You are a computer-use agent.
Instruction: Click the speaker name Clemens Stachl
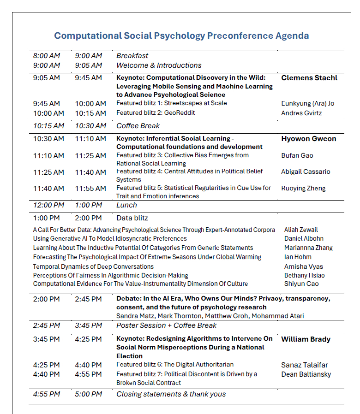(x=309, y=77)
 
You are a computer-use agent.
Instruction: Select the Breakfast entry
(x=132, y=56)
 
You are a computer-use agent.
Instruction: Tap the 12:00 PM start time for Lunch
(x=48, y=205)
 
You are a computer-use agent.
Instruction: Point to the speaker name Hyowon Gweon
(x=308, y=138)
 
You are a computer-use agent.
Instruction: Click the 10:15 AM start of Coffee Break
(x=48, y=125)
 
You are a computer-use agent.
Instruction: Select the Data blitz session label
(x=132, y=218)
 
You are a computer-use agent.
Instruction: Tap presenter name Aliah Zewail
(x=301, y=230)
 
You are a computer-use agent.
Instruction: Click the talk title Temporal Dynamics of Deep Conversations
(x=93, y=266)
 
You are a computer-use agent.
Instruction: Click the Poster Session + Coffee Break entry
(x=166, y=325)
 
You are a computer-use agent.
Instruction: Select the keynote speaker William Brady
(x=306, y=339)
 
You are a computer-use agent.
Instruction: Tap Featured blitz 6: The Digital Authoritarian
(x=175, y=365)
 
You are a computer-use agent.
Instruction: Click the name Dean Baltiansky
(x=306, y=374)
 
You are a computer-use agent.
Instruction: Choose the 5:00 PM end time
(x=89, y=394)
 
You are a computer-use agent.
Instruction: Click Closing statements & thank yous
(x=171, y=394)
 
